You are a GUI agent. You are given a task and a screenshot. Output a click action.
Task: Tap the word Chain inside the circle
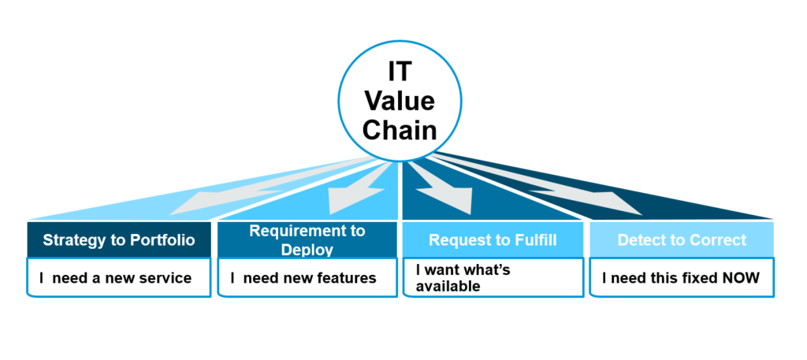tap(400, 129)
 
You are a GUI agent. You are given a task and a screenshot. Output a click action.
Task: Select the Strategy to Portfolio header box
tap(119, 239)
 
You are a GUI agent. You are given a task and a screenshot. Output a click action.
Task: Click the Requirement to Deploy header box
tap(307, 239)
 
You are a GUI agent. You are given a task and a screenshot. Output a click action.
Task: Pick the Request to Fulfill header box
tap(493, 239)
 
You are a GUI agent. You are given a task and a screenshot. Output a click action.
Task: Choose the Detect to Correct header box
tap(682, 239)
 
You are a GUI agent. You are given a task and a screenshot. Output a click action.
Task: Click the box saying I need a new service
tap(119, 278)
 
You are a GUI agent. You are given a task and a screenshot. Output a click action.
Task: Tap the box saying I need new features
tap(307, 278)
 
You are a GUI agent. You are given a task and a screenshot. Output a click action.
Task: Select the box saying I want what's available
tap(493, 278)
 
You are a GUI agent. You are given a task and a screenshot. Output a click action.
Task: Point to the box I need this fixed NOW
tap(682, 278)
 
